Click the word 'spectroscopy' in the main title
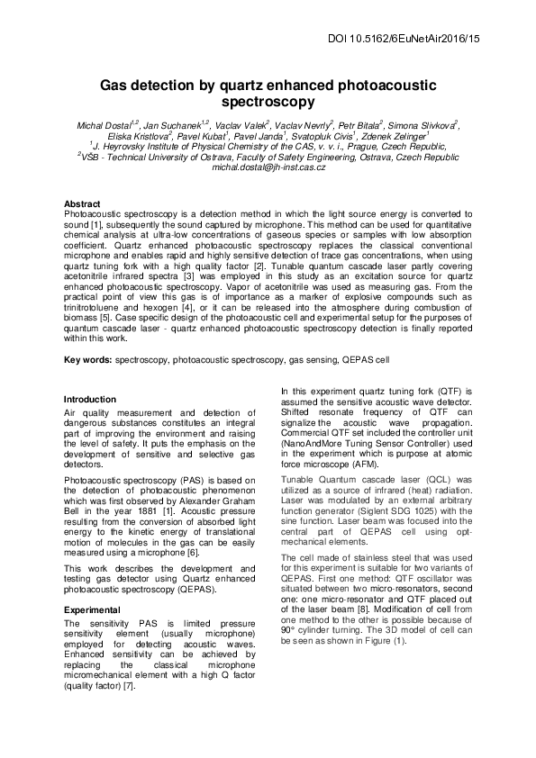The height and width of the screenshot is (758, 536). [x=268, y=102]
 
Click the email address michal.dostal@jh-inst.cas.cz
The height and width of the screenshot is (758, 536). [x=268, y=167]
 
